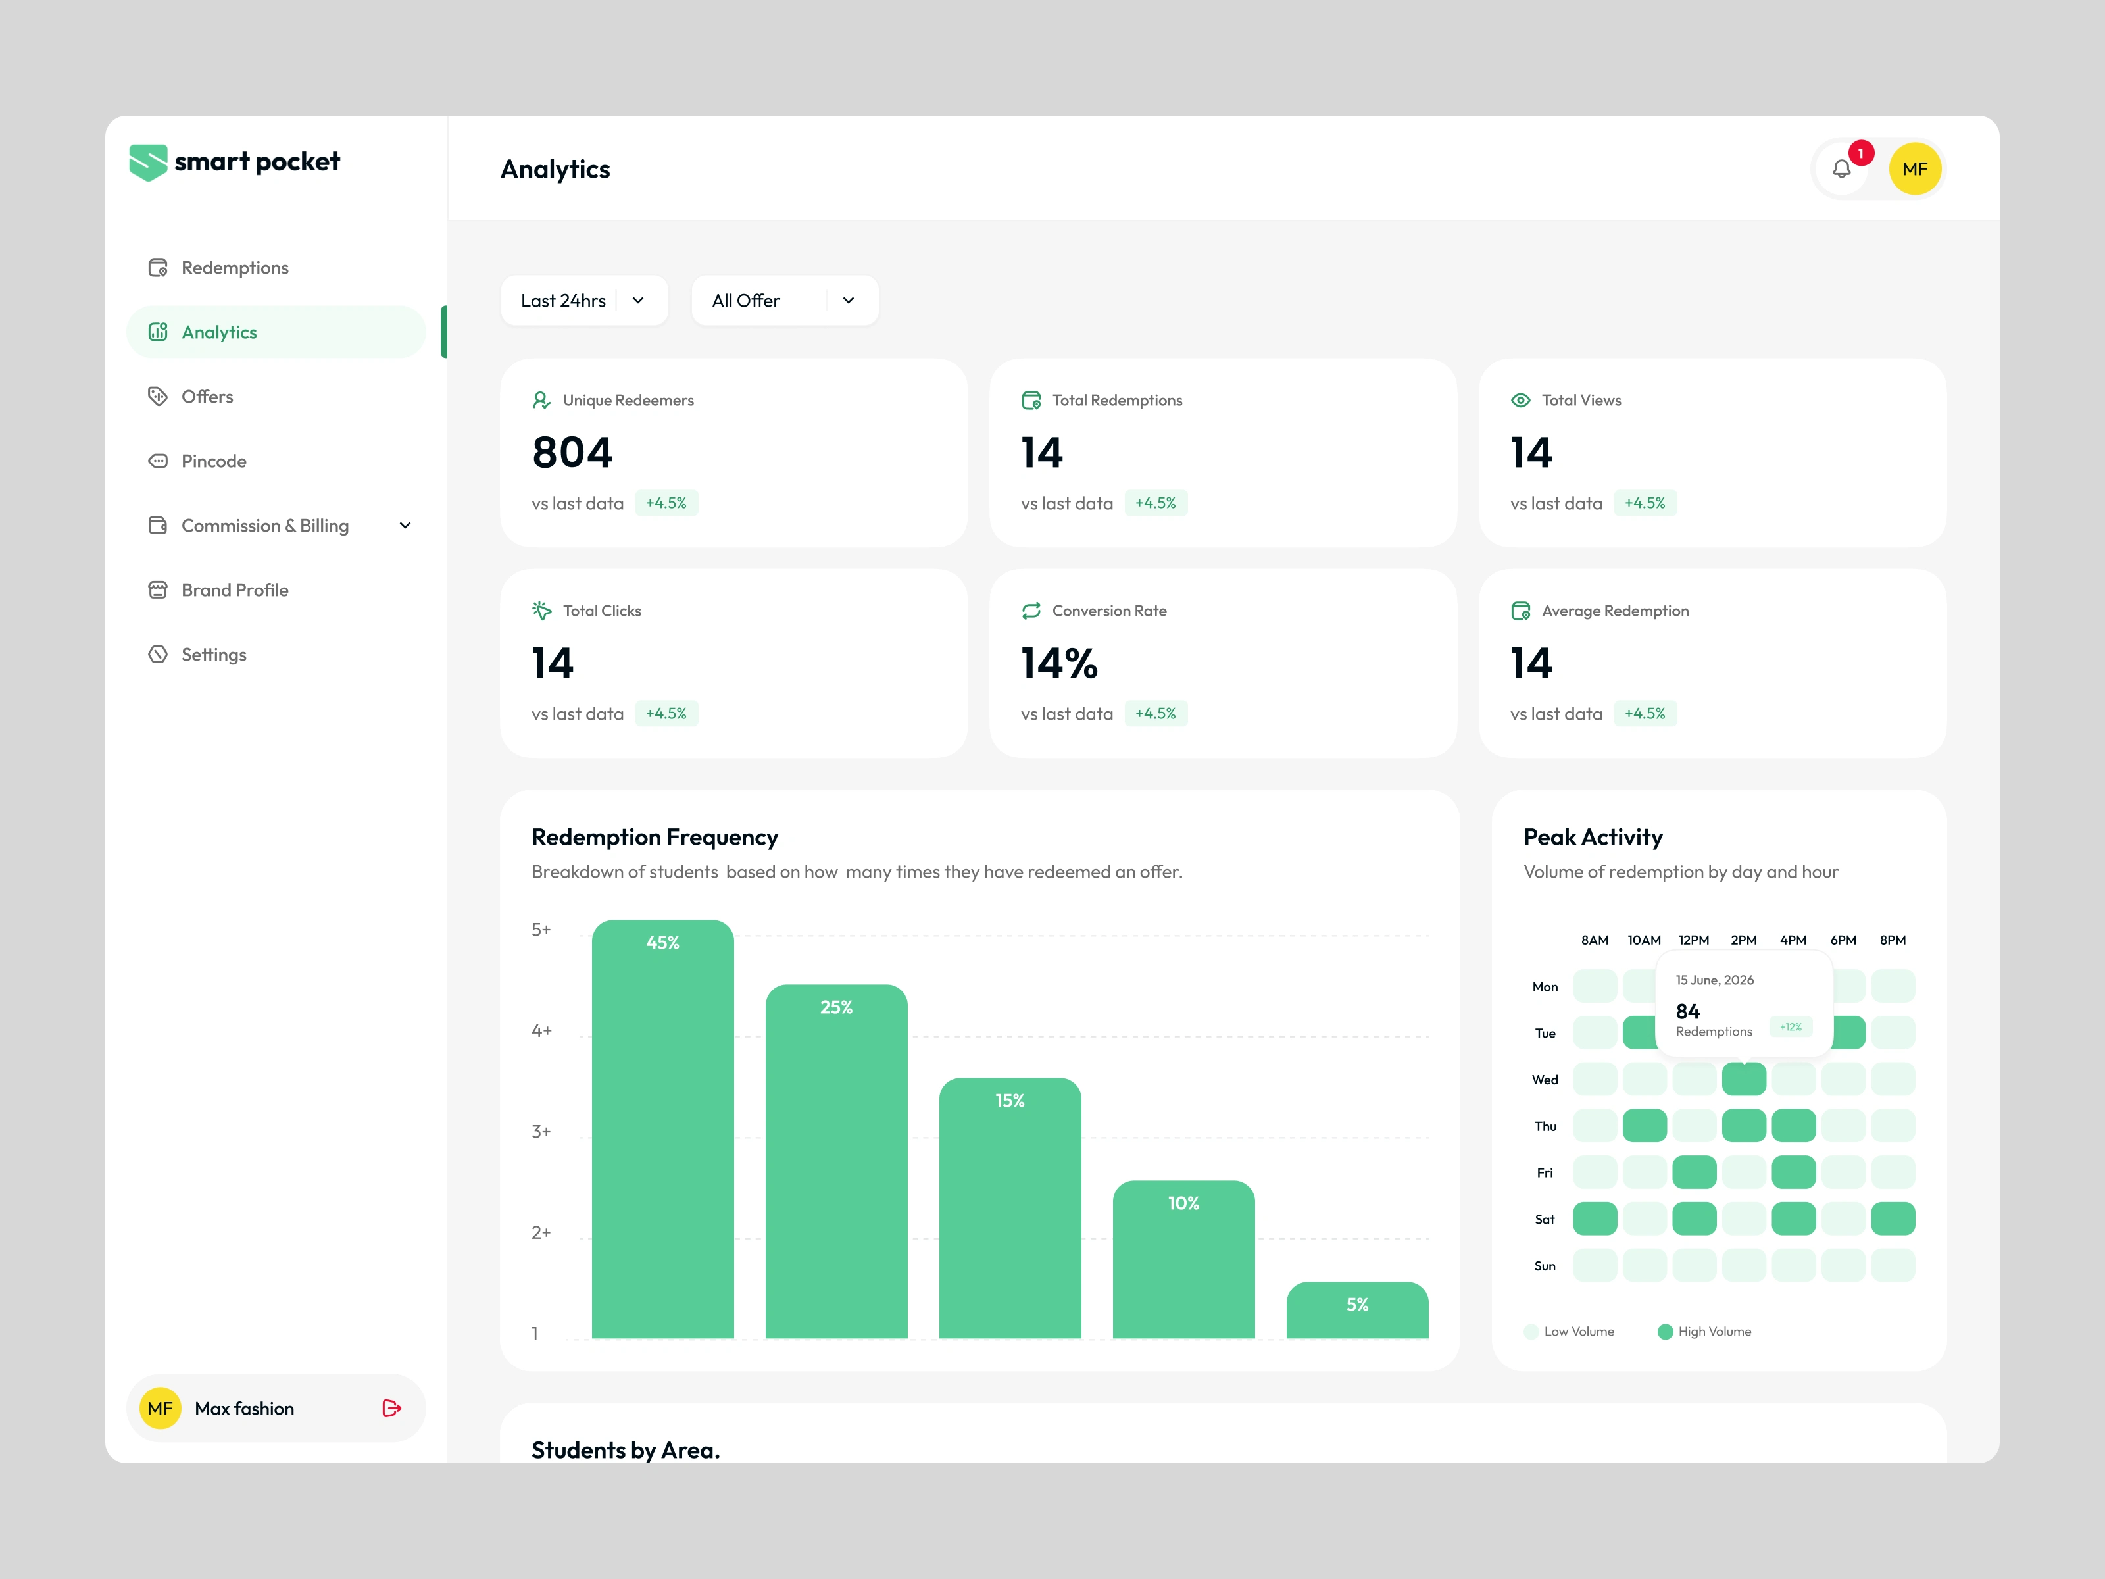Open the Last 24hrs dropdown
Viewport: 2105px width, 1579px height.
584,301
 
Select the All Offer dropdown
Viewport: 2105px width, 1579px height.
785,301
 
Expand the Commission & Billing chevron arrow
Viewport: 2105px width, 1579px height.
405,526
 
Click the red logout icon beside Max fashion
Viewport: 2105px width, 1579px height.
391,1409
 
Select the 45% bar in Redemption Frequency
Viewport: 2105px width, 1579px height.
662,1129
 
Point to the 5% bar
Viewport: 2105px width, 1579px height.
1357,1311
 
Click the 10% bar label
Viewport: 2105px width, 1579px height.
1184,1204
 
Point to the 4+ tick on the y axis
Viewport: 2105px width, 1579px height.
541,1031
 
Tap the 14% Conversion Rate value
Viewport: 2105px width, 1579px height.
1059,663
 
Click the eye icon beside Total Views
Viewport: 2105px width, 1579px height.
1521,401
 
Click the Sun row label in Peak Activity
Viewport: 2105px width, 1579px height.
1545,1266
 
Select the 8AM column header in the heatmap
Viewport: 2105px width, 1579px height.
1595,940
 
